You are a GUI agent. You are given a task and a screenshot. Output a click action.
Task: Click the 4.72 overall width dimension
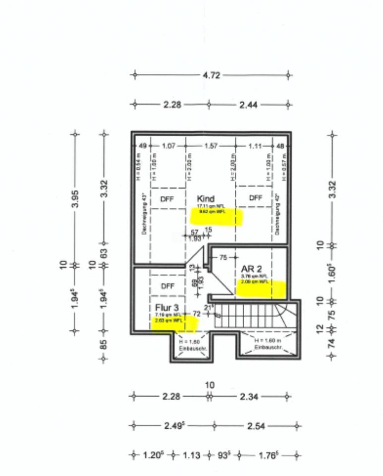point(211,75)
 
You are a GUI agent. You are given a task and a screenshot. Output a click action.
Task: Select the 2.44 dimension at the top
point(249,105)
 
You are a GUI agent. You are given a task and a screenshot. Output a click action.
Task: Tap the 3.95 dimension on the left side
point(75,198)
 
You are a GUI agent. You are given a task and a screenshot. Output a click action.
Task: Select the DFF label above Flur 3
point(168,286)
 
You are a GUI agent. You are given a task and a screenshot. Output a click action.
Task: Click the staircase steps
point(243,316)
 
